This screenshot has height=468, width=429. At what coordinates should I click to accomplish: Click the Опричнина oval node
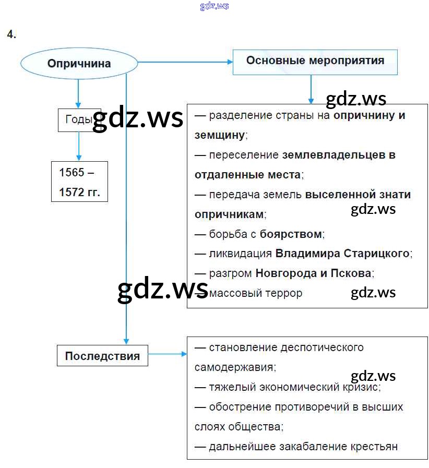click(79, 64)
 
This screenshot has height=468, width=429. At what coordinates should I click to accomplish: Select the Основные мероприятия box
click(315, 61)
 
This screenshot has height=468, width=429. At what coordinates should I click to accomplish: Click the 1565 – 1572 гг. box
click(79, 182)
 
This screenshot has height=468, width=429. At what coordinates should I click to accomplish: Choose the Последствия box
click(102, 356)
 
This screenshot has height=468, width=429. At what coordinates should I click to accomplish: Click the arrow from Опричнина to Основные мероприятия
click(185, 62)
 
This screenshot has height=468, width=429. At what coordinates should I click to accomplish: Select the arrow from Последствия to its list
click(167, 354)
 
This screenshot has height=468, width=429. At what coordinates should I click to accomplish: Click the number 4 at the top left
click(11, 34)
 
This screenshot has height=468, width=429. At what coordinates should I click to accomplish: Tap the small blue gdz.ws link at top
click(214, 6)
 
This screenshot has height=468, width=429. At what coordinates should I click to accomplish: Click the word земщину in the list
click(219, 135)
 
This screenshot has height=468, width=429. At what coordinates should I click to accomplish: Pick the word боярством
click(291, 234)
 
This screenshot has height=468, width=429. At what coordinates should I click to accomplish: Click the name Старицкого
click(377, 254)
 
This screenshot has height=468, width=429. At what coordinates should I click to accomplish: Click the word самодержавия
click(234, 367)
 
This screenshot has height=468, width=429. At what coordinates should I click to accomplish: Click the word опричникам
click(229, 214)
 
